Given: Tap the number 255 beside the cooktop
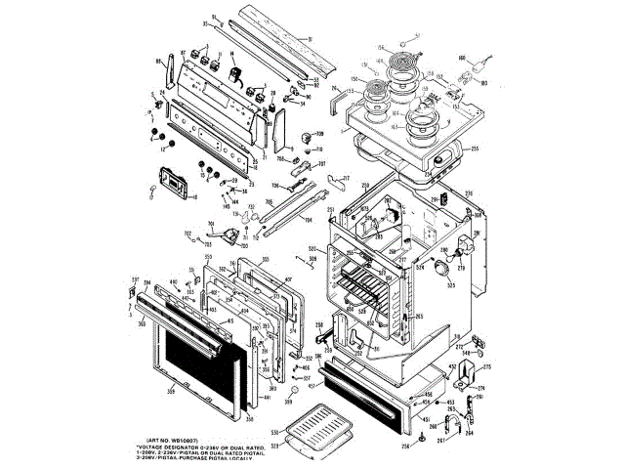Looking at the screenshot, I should pyautogui.click(x=475, y=149).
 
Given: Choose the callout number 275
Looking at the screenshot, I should pyautogui.click(x=487, y=367).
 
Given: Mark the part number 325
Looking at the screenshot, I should pyautogui.click(x=452, y=286).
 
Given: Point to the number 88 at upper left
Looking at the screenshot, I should pyautogui.click(x=159, y=62).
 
